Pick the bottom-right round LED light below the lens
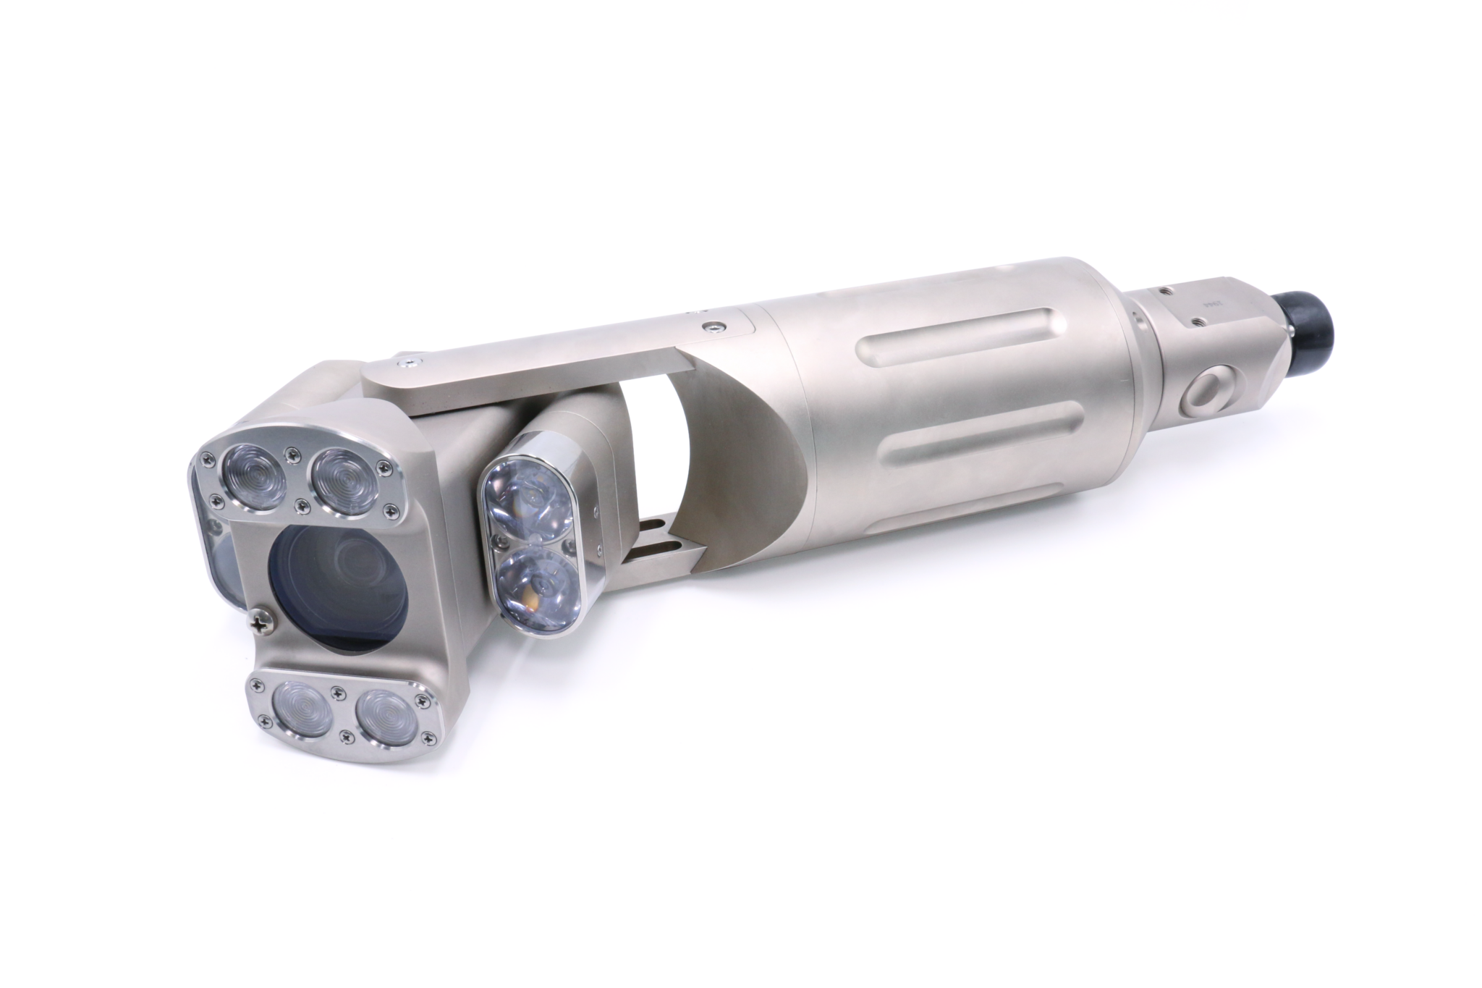pyautogui.click(x=389, y=717)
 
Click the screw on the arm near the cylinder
pyautogui.click(x=714, y=326)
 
